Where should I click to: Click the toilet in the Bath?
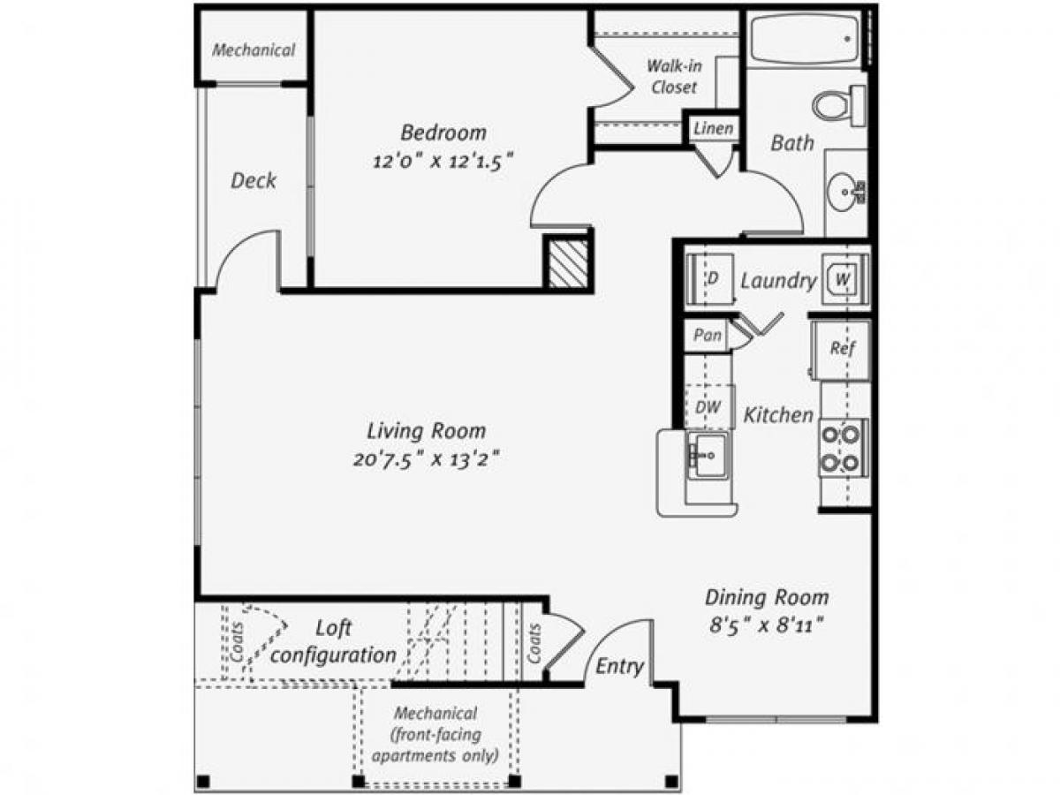(837, 105)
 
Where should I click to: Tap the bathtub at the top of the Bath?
(804, 39)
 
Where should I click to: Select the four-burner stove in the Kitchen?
(841, 448)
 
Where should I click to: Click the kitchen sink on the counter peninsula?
(708, 456)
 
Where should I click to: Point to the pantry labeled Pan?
(708, 336)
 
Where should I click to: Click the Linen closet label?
(713, 129)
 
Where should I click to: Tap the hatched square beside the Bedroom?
(567, 262)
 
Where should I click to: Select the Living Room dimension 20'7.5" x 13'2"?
(427, 460)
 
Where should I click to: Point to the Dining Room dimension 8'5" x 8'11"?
(766, 625)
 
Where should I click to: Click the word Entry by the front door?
(619, 666)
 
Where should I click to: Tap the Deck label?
(254, 181)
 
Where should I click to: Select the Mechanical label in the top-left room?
(254, 50)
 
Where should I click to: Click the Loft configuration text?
(334, 642)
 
